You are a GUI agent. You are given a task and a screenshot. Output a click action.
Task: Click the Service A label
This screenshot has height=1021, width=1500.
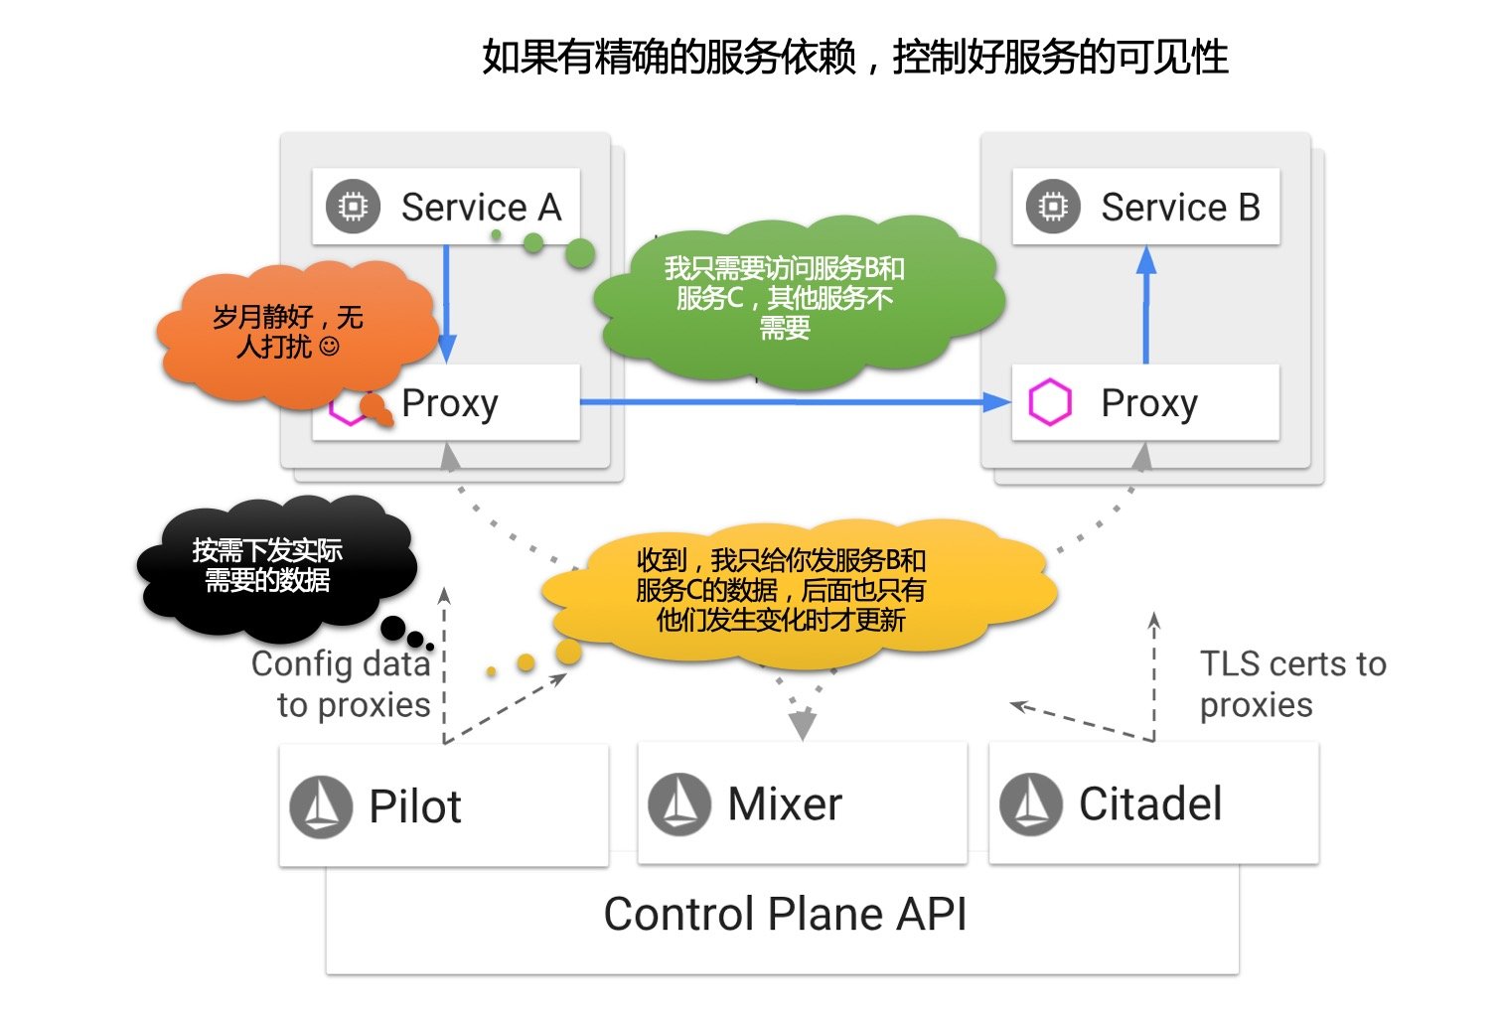481,208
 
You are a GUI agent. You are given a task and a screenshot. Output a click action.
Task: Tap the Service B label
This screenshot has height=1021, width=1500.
1180,208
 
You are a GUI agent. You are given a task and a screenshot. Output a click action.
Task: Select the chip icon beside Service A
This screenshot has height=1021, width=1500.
354,207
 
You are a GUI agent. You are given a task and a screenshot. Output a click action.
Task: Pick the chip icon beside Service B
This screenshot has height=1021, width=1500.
1053,207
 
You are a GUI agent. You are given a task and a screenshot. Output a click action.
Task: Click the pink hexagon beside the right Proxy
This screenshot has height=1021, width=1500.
1050,403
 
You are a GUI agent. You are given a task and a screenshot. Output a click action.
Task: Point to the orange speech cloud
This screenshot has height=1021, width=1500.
293,333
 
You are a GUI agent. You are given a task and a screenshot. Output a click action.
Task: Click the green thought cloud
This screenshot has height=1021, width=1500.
795,298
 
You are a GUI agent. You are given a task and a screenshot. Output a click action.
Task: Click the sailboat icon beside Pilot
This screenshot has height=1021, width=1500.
321,806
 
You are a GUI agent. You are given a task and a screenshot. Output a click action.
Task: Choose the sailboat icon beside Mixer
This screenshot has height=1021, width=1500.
679,803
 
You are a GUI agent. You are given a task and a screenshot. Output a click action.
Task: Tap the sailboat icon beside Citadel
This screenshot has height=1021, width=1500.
1031,803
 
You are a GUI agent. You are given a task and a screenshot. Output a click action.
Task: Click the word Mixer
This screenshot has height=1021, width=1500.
785,804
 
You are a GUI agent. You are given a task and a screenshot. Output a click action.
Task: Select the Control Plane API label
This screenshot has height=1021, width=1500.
785,915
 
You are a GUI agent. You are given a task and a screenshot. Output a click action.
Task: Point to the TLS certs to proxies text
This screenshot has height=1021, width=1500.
1291,684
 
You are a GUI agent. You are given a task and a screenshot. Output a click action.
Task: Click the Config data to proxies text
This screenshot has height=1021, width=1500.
341,684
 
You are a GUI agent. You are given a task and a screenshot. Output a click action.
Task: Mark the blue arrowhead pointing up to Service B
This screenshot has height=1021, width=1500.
1146,260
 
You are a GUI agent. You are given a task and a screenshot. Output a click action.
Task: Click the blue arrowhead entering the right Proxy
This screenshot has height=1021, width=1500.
995,402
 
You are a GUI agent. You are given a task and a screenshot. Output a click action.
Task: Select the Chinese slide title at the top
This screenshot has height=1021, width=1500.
855,58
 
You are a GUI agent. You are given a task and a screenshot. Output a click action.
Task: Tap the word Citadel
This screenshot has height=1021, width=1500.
1150,804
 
